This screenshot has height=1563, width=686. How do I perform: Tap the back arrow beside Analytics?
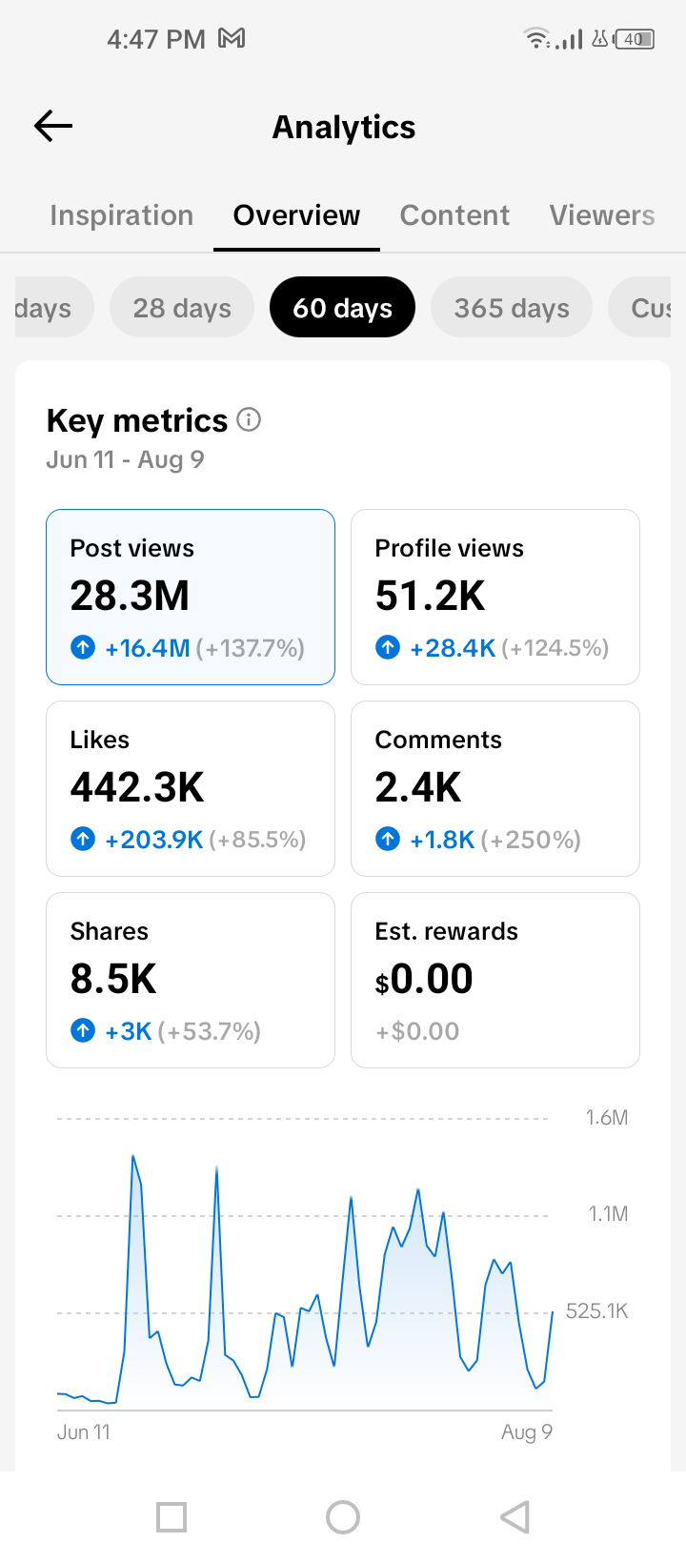(x=53, y=127)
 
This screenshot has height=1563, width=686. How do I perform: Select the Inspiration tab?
(x=121, y=215)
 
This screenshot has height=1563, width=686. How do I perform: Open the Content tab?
(x=454, y=215)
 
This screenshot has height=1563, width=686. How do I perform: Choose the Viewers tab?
(x=601, y=215)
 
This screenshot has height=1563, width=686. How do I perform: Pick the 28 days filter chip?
(x=182, y=308)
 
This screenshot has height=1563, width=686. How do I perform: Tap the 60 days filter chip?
(x=343, y=308)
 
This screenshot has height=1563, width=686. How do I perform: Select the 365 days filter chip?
(x=512, y=308)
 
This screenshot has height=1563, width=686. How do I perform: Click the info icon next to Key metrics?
(x=249, y=420)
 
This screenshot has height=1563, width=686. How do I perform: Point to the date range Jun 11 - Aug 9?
(x=125, y=459)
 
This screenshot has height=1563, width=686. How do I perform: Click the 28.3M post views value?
(x=130, y=596)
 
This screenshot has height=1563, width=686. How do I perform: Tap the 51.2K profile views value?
(x=430, y=596)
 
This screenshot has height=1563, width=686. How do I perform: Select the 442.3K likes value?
(x=137, y=787)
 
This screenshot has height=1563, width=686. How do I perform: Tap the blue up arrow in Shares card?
(x=83, y=1030)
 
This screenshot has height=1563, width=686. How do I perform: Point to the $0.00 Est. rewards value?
(x=424, y=979)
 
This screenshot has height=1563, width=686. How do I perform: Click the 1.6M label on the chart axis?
(x=607, y=1118)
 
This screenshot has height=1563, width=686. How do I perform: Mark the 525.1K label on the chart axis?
(x=596, y=1311)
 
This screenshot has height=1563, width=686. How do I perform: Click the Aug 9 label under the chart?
(x=527, y=1432)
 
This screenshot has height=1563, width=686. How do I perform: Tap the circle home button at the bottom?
(x=343, y=1517)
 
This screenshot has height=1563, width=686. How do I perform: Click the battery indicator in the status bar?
(x=635, y=39)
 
